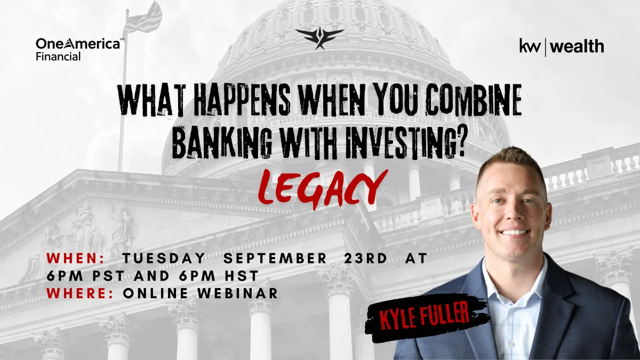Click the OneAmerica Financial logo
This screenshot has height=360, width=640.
click(79, 50)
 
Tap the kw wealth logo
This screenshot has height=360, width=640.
click(562, 47)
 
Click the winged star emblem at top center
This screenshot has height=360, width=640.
click(319, 38)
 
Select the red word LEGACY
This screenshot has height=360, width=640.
click(323, 189)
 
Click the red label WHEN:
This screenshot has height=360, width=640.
click(76, 258)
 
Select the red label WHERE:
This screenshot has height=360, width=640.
click(81, 293)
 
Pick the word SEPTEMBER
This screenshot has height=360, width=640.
click(275, 258)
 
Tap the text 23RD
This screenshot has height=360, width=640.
click(366, 258)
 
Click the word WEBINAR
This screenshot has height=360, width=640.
click(238, 293)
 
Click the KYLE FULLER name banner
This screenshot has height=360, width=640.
click(426, 317)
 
